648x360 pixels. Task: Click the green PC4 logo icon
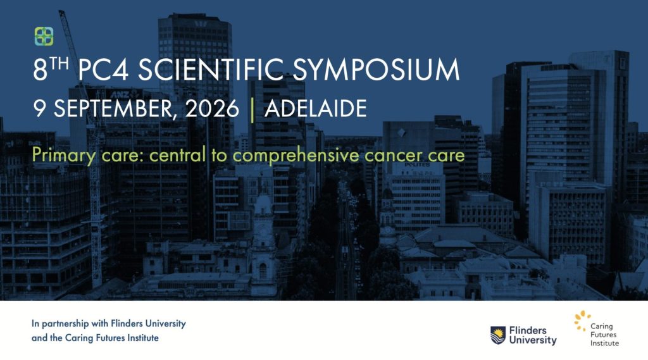[x=44, y=36]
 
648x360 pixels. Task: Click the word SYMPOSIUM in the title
[x=376, y=70]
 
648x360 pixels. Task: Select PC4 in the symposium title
[x=103, y=70]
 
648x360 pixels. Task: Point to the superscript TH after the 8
[x=59, y=64]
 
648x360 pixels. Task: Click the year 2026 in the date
[x=212, y=109]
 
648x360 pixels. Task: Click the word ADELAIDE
[x=315, y=109]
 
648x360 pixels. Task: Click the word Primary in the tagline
[x=64, y=156]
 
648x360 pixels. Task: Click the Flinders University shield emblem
[x=498, y=335]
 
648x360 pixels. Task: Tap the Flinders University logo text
[x=533, y=335]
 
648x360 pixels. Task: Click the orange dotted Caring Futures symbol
[x=582, y=320]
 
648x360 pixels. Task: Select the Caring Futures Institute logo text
[x=604, y=335]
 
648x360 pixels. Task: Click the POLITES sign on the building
[x=417, y=164]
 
